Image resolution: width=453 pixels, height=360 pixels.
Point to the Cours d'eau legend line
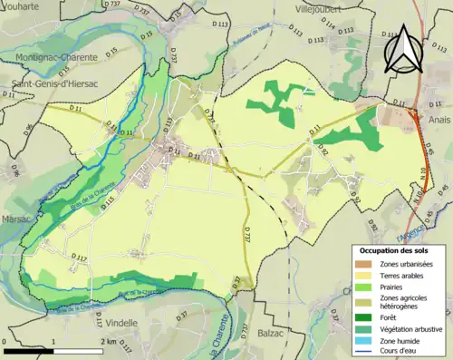pos(368,354)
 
